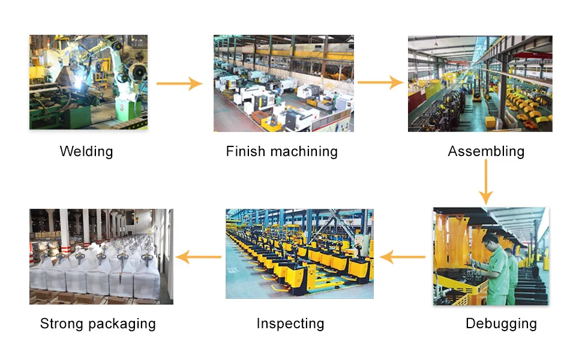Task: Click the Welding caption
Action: pyautogui.click(x=86, y=151)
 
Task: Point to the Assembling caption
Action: pyautogui.click(x=485, y=152)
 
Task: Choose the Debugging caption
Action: pyautogui.click(x=501, y=324)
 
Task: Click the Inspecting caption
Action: pyautogui.click(x=290, y=324)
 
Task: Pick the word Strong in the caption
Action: pyautogui.click(x=61, y=324)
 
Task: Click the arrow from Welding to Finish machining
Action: pyautogui.click(x=180, y=83)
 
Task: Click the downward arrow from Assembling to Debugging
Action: pyautogui.click(x=485, y=182)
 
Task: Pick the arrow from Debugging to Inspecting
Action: pyautogui.click(x=403, y=257)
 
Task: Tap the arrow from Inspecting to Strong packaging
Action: pyautogui.click(x=199, y=257)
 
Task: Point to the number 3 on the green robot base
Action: pyautogui.click(x=122, y=106)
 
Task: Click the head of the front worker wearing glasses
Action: pyautogui.click(x=490, y=241)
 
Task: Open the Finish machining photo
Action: pyautogui.click(x=283, y=83)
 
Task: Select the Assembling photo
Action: pyautogui.click(x=479, y=83)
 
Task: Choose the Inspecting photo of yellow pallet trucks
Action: pyautogui.click(x=299, y=253)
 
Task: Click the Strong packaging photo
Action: pyautogui.click(x=101, y=256)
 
